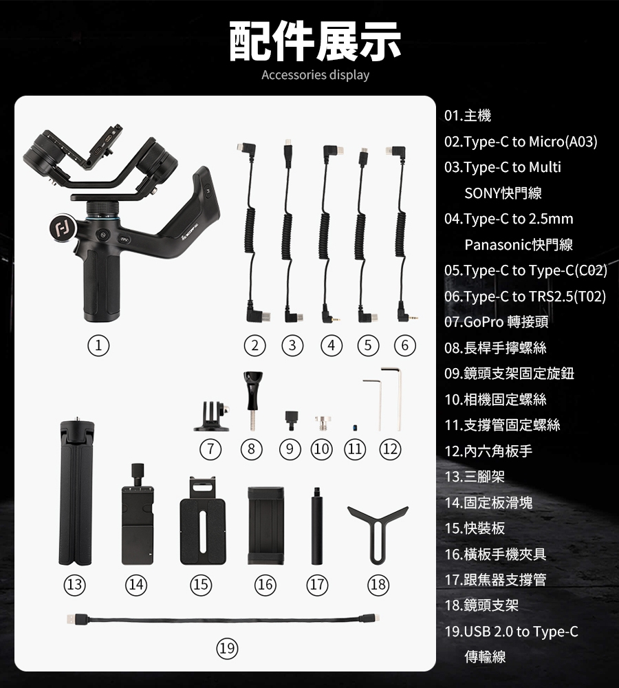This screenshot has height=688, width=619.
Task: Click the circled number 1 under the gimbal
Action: [98, 346]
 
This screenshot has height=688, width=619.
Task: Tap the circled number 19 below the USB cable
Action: [227, 649]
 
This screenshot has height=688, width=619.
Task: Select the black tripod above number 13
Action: [76, 491]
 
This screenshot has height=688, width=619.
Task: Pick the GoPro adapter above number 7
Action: [213, 416]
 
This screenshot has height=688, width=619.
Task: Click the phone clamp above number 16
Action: [265, 526]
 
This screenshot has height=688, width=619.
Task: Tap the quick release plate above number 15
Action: [203, 522]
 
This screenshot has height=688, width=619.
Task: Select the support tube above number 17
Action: [317, 526]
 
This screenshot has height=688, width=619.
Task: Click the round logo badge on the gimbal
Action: [63, 227]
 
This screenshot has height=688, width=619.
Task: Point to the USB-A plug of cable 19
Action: [74, 619]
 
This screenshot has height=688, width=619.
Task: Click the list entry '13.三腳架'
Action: [475, 477]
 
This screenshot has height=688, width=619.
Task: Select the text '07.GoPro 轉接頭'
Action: [496, 322]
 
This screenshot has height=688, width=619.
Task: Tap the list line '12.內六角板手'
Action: [488, 451]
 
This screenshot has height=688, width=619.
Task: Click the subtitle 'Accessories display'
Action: [316, 75]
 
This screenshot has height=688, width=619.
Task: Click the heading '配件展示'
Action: [315, 41]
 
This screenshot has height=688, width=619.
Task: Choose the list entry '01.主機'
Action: [468, 116]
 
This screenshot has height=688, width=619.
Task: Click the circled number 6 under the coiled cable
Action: [404, 346]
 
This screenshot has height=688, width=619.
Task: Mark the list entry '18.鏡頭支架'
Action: [481, 605]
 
